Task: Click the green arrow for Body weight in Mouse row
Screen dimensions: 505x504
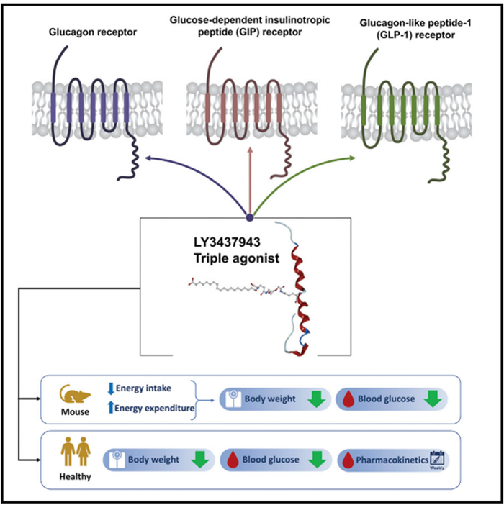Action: coord(313,399)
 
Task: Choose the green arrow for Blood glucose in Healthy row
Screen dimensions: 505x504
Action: coord(314,458)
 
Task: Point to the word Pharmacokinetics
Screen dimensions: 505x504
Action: coord(392,458)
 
